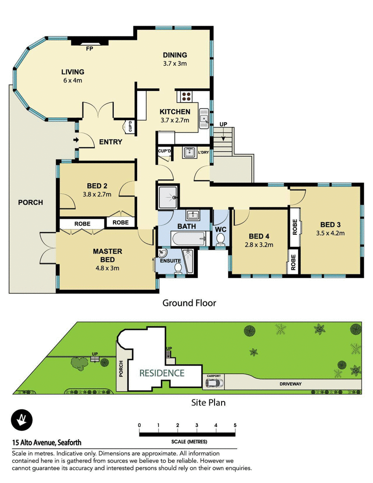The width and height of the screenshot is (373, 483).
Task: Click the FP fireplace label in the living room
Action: coord(89,48)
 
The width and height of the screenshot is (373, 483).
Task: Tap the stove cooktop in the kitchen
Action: coord(186,96)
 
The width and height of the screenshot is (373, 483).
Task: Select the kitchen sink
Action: coord(203,119)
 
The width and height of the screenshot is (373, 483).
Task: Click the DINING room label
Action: coord(175,55)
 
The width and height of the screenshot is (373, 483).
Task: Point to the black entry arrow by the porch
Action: coord(76,139)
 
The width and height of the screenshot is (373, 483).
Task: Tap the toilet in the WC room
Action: coord(221,238)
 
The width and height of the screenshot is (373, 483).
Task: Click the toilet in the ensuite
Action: coord(178,267)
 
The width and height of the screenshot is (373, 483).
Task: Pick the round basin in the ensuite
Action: coord(162,254)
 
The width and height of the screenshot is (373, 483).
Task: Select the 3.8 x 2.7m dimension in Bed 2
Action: coord(97,194)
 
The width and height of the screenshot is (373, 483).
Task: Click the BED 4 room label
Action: coord(259,236)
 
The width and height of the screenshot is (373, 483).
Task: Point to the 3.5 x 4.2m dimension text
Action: coord(330,233)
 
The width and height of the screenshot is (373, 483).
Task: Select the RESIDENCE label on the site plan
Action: coord(162,373)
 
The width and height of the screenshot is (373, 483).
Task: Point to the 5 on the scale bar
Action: coord(235,425)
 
